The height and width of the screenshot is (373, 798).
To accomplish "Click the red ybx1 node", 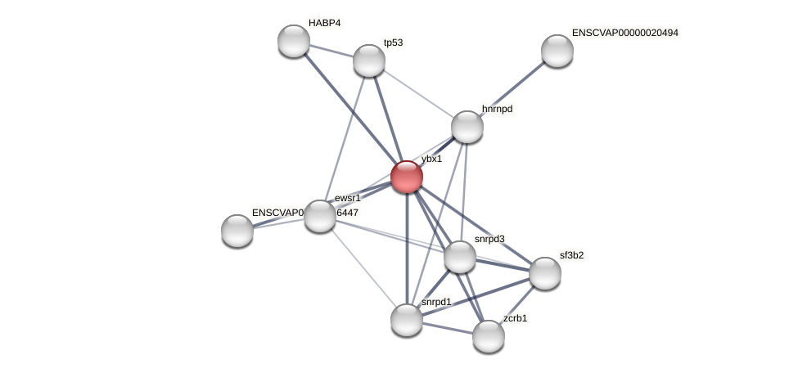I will tap(406, 177).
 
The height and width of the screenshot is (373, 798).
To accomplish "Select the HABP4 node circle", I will tap(293, 41).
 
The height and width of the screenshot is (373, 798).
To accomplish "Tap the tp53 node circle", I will tap(368, 61).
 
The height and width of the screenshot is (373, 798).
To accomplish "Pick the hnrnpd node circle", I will tap(467, 127).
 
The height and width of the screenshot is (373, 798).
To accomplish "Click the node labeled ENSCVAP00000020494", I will tap(557, 51).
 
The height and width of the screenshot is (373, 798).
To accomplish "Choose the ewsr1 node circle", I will tap(319, 216).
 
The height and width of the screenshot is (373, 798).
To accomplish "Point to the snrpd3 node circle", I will tap(459, 257).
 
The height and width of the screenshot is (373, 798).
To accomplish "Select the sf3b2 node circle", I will tap(544, 273).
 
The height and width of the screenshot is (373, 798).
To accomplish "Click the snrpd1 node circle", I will tap(406, 319).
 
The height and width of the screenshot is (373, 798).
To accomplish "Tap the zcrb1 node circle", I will tap(488, 336).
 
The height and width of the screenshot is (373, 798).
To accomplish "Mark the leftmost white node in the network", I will tap(237, 231).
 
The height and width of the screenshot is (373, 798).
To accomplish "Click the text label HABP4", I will tap(324, 23).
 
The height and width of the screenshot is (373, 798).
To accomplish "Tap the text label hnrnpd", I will tap(498, 109).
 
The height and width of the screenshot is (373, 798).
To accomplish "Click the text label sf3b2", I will tap(571, 255).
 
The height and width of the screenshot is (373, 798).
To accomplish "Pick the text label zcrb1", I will tap(515, 318).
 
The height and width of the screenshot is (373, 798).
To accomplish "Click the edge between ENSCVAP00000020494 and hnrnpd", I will tap(512, 88).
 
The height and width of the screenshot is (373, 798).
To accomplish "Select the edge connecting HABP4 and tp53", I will tap(331, 51).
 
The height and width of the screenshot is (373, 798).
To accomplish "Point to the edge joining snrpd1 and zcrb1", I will tap(447, 327).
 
